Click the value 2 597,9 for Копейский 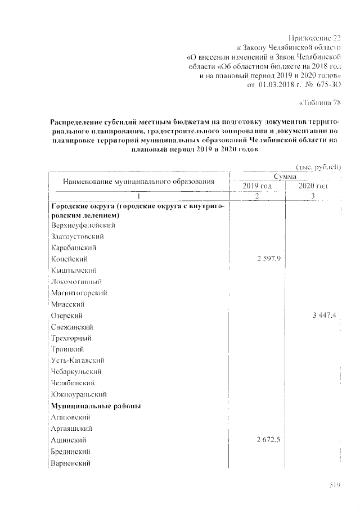click(268, 259)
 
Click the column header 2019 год click(257, 186)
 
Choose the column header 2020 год click(313, 186)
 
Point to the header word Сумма click(285, 177)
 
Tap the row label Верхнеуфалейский click(83, 225)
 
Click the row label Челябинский click(71, 382)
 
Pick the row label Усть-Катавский click(78, 360)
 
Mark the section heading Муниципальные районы click(96, 406)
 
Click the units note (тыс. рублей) click(318, 166)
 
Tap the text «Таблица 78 click(318, 102)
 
